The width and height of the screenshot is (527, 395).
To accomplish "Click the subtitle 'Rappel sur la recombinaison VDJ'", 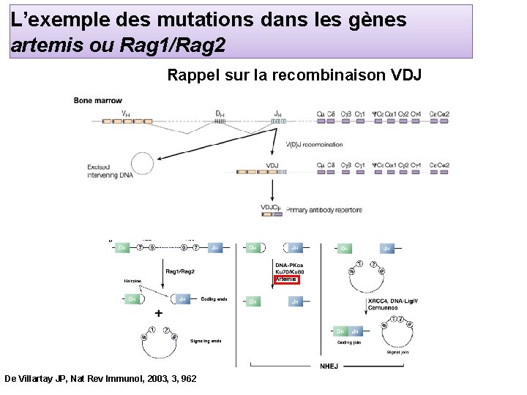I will (x=294, y=75).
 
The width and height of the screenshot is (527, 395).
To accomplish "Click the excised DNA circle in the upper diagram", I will (x=146, y=163).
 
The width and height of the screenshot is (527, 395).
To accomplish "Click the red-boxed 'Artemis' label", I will (x=286, y=279).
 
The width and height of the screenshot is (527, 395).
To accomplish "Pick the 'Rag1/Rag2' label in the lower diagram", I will (x=180, y=271).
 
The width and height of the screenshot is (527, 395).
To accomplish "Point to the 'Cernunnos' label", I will (x=384, y=307).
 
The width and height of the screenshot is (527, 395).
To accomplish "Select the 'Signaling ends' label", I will (x=205, y=341).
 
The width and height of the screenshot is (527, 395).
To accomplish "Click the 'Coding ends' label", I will (x=214, y=298).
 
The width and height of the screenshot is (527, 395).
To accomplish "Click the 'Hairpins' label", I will (x=132, y=280).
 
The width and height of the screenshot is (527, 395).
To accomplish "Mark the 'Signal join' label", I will (x=398, y=352).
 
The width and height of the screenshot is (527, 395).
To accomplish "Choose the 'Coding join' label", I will (x=348, y=342).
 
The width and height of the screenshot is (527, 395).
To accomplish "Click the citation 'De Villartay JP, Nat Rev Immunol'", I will (x=100, y=379).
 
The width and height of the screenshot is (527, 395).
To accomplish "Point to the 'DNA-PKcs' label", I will (x=290, y=265).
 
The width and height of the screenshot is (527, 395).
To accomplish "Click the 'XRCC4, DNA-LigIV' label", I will (x=397, y=301).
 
